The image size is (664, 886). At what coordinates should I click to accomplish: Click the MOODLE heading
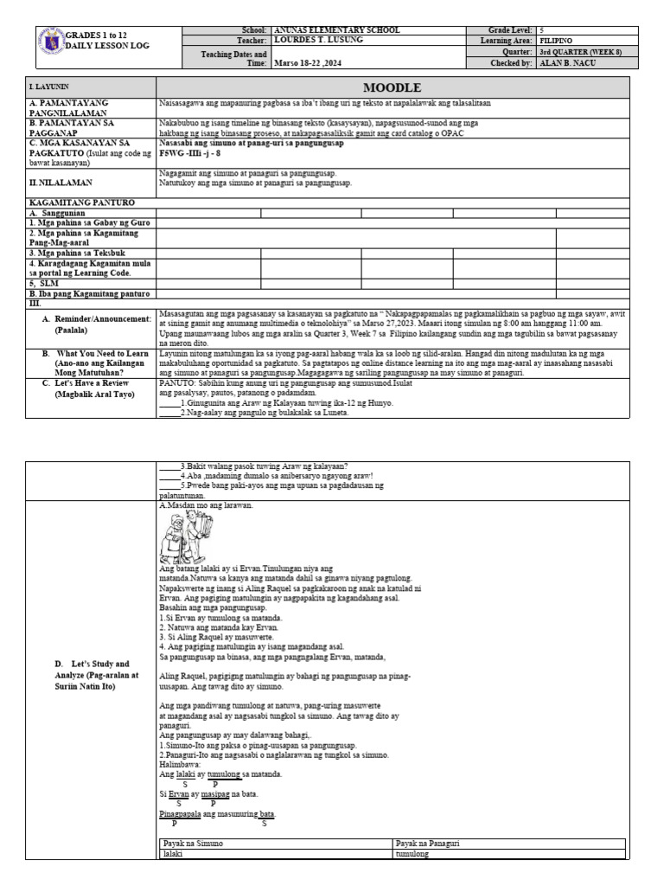[x=392, y=87]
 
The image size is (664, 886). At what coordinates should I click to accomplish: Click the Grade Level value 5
[x=542, y=30]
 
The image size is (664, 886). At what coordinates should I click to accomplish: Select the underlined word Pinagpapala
[x=180, y=814]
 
